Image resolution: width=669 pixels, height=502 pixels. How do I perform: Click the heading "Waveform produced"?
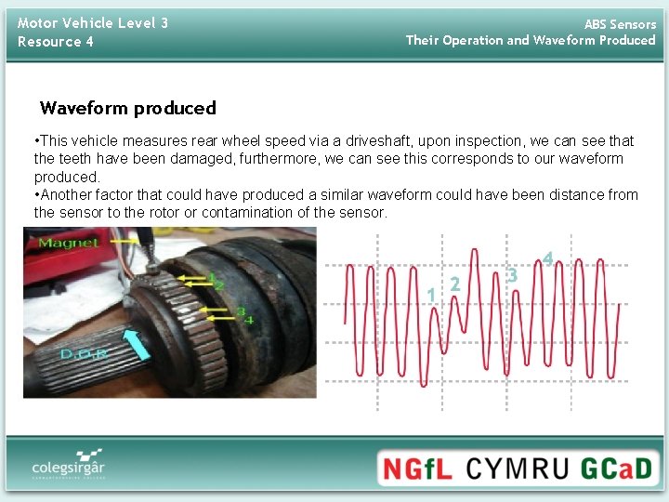click(128, 108)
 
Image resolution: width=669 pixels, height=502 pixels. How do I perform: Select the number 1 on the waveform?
click(431, 295)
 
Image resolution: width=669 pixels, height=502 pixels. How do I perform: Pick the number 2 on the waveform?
click(454, 284)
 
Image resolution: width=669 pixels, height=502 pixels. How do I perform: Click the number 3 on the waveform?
click(512, 275)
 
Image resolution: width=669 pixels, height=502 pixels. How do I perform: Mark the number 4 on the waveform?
click(548, 258)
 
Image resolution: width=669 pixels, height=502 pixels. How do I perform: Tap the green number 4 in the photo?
click(248, 320)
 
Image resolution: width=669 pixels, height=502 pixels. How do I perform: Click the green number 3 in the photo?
click(241, 310)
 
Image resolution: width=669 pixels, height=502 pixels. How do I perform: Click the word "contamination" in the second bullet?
click(252, 212)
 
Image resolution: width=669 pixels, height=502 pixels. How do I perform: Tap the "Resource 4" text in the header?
click(56, 42)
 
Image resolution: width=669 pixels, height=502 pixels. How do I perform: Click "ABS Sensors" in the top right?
click(619, 24)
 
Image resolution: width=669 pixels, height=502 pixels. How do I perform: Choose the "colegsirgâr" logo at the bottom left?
click(68, 464)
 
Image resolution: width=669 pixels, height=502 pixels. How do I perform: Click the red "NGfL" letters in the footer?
click(418, 468)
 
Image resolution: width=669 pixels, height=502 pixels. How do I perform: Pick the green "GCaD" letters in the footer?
click(616, 468)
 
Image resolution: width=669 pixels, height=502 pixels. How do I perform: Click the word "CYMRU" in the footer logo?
click(516, 468)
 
